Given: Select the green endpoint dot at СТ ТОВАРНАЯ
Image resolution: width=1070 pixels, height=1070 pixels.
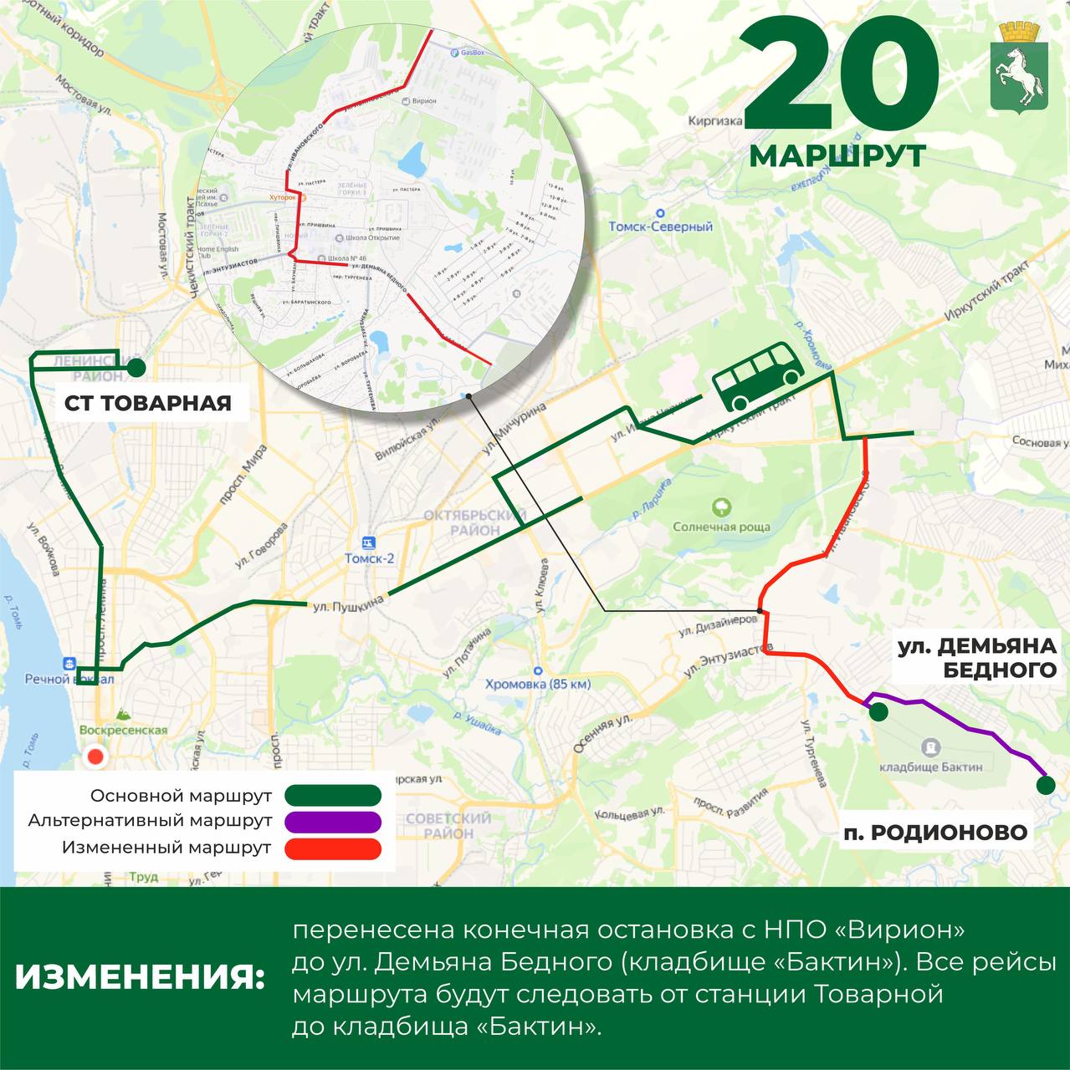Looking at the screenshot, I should (x=136, y=367).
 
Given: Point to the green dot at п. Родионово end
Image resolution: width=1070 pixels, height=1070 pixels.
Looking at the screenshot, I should (x=1045, y=785).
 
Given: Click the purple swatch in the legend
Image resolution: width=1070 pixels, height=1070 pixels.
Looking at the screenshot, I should (x=333, y=821).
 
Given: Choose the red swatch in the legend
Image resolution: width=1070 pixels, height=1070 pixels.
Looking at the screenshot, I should (x=333, y=848).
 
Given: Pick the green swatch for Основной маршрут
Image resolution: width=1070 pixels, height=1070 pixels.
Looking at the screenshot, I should (x=333, y=795).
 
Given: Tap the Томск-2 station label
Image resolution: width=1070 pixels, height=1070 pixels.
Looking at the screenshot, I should (x=369, y=558).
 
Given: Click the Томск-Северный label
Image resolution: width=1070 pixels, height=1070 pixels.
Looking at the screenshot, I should (x=660, y=227).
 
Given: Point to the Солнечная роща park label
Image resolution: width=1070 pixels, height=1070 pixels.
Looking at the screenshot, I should (x=721, y=527).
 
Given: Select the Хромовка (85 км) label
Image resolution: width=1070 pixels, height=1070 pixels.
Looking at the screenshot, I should (x=538, y=684).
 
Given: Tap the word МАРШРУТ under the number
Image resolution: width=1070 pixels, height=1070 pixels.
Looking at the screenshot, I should (x=837, y=155).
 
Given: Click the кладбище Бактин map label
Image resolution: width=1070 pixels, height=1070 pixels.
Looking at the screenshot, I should (x=931, y=766).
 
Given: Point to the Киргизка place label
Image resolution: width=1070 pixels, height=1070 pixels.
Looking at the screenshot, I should (x=715, y=120).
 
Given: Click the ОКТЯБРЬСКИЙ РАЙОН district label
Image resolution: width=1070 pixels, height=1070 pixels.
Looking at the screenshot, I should (x=461, y=522).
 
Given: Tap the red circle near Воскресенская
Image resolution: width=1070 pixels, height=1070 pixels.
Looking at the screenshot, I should (x=96, y=757).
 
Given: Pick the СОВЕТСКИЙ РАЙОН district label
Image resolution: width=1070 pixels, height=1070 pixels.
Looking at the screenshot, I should (x=448, y=826).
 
